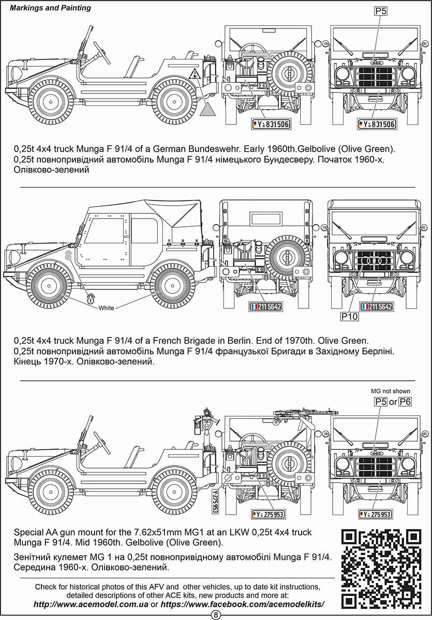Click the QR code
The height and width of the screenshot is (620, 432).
(x=381, y=568)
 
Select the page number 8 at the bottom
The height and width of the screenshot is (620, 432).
(x=216, y=614)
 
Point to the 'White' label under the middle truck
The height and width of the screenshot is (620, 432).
(x=106, y=308)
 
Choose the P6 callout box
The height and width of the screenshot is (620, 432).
(x=405, y=401)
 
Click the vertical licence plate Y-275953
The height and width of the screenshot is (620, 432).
(x=215, y=501)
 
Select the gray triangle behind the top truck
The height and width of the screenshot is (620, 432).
(x=208, y=108)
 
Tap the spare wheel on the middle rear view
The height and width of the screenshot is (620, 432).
(x=287, y=256)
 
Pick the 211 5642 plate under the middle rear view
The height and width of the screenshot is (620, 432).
(x=267, y=306)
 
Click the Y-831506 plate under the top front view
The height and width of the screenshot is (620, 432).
(x=377, y=124)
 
